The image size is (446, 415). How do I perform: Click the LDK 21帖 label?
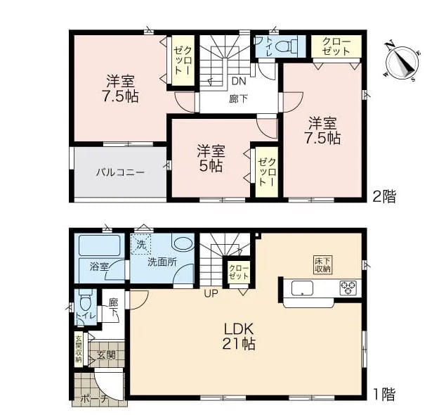[x=239, y=336]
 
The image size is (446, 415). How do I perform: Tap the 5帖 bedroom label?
[x=211, y=158]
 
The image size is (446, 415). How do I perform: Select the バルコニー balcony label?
[x=120, y=172]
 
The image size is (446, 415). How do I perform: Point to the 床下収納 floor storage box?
[x=323, y=264]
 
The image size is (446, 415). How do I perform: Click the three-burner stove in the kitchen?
[x=348, y=288]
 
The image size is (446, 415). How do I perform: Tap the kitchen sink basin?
[x=302, y=288]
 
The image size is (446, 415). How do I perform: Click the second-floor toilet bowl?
[x=285, y=46]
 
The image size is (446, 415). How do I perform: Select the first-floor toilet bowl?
[x=85, y=302]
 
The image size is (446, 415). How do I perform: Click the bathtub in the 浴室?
[x=100, y=245]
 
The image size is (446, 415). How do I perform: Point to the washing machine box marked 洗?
[x=140, y=244]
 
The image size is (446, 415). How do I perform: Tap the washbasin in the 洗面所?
[x=183, y=244]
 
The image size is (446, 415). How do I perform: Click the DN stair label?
[x=239, y=82]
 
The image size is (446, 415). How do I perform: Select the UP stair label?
[x=211, y=293]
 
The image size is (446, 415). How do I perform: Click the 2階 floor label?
[x=384, y=196]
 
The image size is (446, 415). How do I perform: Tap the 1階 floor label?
[x=384, y=395]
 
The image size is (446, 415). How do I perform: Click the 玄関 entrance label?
[x=106, y=355]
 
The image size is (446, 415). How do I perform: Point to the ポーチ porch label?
[x=94, y=399]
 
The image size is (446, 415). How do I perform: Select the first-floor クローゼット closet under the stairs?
[x=239, y=272]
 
